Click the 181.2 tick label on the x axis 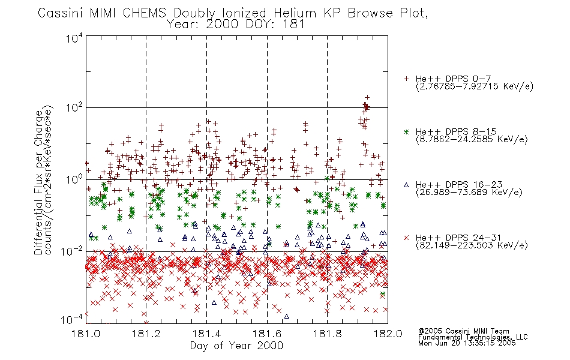click(146, 334)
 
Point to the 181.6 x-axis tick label click(267, 334)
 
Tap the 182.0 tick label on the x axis click(388, 334)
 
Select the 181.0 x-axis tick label click(86, 334)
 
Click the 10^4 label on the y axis click(74, 38)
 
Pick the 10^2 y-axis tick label click(74, 108)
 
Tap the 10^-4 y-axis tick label click(72, 320)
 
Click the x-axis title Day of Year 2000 click(236, 346)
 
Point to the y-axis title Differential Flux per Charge click(38, 181)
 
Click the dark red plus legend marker click(406, 79)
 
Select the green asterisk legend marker click(406, 131)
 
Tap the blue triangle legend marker click(406, 185)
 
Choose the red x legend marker click(406, 238)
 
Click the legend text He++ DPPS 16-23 click(459, 185)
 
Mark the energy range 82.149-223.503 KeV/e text click(472, 245)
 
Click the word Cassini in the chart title click(61, 13)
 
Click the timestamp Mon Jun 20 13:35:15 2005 click(467, 343)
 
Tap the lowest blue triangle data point click(286, 317)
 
